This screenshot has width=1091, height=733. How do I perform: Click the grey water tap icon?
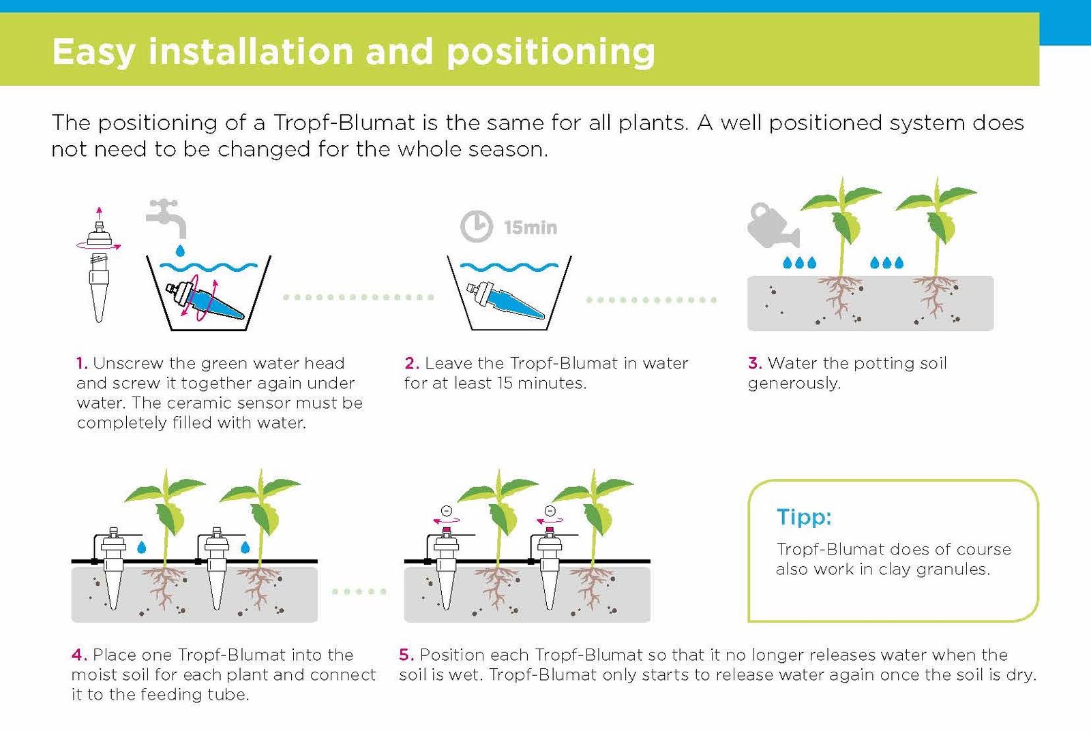click(166, 217)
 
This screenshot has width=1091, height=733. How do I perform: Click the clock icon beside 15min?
click(476, 226)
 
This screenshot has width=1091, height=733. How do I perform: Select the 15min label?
click(530, 228)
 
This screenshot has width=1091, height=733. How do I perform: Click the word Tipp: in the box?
click(804, 517)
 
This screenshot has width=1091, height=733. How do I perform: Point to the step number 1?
click(82, 363)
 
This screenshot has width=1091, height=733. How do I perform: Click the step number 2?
click(410, 363)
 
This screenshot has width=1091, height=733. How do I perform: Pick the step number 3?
click(754, 363)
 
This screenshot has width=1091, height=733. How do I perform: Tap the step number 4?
click(78, 655)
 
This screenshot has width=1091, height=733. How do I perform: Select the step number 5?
click(406, 655)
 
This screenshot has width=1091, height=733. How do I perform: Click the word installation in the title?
click(251, 51)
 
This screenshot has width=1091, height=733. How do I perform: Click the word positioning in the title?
click(550, 52)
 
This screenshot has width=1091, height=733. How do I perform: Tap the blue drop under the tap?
click(180, 251)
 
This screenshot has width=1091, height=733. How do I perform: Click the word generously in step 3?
click(794, 384)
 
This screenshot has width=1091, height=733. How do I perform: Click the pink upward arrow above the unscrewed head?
click(99, 211)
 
